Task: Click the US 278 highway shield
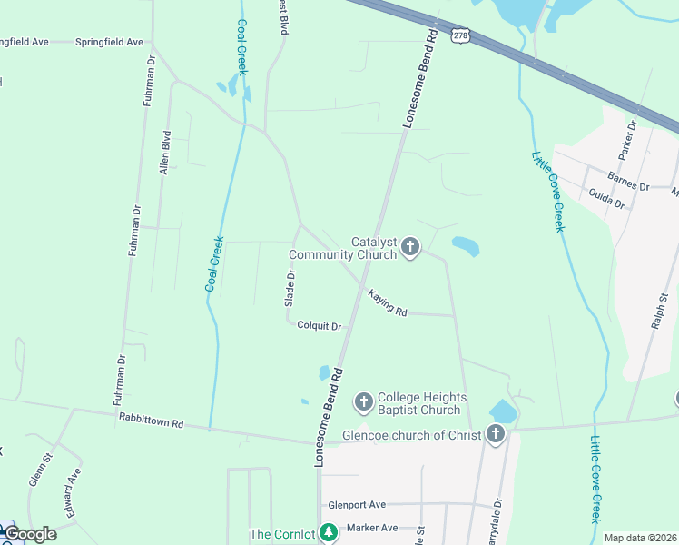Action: (462, 35)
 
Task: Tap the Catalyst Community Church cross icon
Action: (410, 246)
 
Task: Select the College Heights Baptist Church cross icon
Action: (363, 401)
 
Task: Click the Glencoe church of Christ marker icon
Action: (495, 434)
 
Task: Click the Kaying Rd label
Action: (388, 302)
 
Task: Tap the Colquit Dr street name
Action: (319, 326)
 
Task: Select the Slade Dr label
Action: (290, 287)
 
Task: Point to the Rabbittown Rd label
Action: (151, 422)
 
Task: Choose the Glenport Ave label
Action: (357, 505)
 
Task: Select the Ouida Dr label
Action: (606, 199)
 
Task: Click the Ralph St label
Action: (663, 309)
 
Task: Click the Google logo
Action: (31, 534)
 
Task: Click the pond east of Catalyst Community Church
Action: (465, 245)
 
